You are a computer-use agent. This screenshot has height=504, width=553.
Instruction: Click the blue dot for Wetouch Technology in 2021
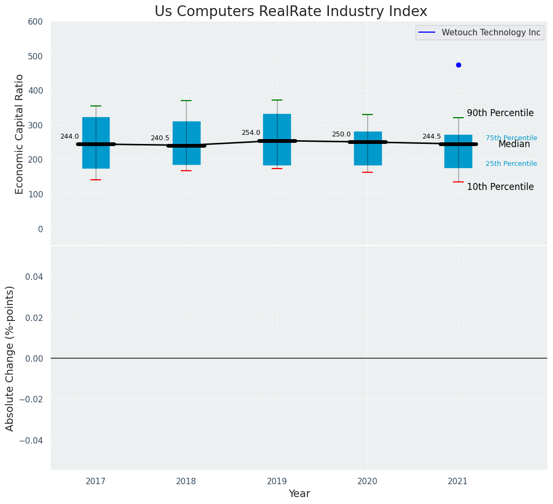pyautogui.click(x=458, y=65)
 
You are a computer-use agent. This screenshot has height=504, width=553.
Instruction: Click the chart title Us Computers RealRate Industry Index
pyautogui.click(x=291, y=12)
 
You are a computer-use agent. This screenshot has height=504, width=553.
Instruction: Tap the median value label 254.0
pyautogui.click(x=251, y=133)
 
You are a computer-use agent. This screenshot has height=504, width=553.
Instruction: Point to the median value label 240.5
pyautogui.click(x=160, y=138)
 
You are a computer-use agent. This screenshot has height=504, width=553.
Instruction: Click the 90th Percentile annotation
pyautogui.click(x=500, y=113)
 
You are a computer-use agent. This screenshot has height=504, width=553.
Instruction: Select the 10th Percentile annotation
pyautogui.click(x=500, y=187)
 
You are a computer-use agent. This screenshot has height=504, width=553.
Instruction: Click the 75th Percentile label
pyautogui.click(x=511, y=138)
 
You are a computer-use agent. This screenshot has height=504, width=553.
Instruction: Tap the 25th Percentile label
pyautogui.click(x=511, y=164)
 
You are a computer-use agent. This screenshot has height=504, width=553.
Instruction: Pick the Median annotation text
pyautogui.click(x=514, y=144)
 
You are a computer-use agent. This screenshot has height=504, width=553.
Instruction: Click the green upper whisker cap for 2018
pyautogui.click(x=186, y=101)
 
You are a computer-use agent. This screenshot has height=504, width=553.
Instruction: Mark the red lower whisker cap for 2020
pyautogui.click(x=367, y=172)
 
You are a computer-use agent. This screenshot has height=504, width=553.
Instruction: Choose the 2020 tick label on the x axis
pyautogui.click(x=367, y=482)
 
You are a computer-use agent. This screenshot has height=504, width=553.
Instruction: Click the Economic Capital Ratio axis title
pyautogui.click(x=20, y=134)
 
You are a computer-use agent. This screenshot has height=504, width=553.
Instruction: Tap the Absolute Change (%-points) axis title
pyautogui.click(x=10, y=358)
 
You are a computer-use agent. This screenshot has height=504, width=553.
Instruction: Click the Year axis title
pyautogui.click(x=299, y=494)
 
